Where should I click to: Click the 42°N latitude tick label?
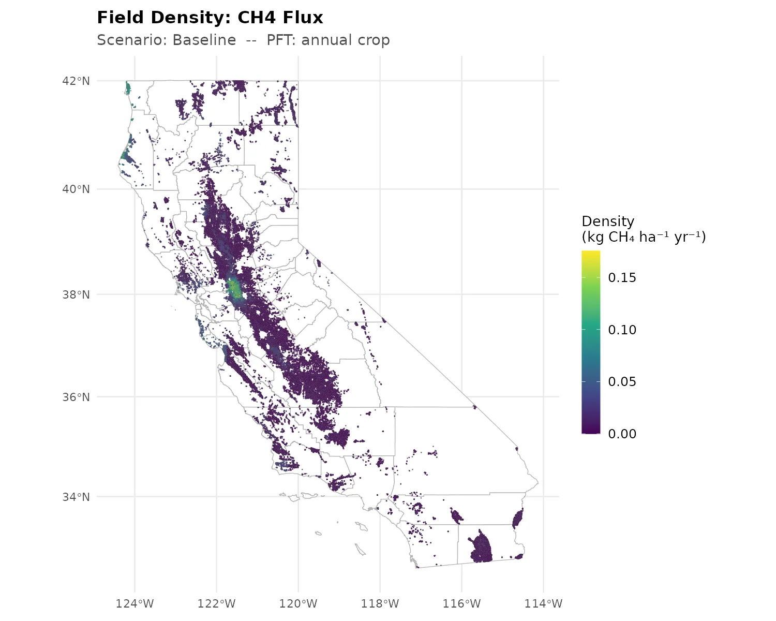[x=76, y=81]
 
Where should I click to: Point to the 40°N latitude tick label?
[x=76, y=189]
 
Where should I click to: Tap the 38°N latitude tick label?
[x=76, y=294]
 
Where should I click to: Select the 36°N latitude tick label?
[x=76, y=397]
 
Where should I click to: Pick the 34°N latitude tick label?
[x=76, y=497]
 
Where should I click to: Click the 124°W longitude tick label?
[x=135, y=603]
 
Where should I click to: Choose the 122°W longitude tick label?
[x=217, y=603]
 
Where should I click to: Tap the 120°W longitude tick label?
[x=299, y=603]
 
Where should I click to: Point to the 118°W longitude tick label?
[x=380, y=603]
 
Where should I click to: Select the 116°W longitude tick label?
[x=461, y=603]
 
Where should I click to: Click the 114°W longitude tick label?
[x=543, y=603]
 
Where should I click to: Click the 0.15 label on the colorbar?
[x=622, y=278]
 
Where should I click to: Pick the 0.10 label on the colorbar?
[x=622, y=330]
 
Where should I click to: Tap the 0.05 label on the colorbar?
[x=622, y=382]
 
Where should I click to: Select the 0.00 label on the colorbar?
[x=622, y=434]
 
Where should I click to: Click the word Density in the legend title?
[x=608, y=221]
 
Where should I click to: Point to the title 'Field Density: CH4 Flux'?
[x=210, y=18]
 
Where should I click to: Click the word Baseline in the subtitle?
[x=204, y=40]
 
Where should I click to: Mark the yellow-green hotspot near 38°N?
[x=235, y=288]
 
